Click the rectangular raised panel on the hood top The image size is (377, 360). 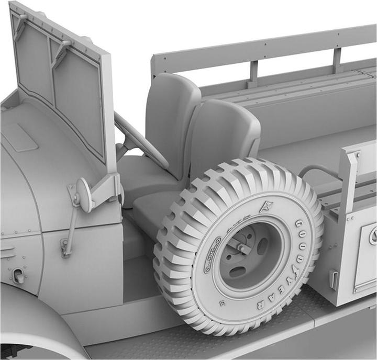pos(18,137)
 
